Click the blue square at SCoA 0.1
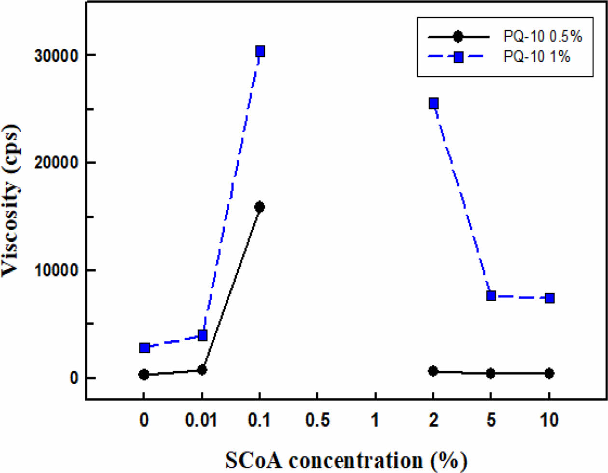260,51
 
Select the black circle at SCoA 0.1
260,207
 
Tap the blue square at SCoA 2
433,103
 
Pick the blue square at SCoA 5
491,295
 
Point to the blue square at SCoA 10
549,298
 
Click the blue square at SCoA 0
144,348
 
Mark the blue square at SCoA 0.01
202,335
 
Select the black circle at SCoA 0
144,375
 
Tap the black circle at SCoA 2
433,371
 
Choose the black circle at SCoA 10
549,373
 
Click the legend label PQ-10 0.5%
542,36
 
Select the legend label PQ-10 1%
537,56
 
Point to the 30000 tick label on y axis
56,56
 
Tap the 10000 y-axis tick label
56,271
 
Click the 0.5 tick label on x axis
318,420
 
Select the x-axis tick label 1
375,420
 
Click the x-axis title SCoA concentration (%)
345,460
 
